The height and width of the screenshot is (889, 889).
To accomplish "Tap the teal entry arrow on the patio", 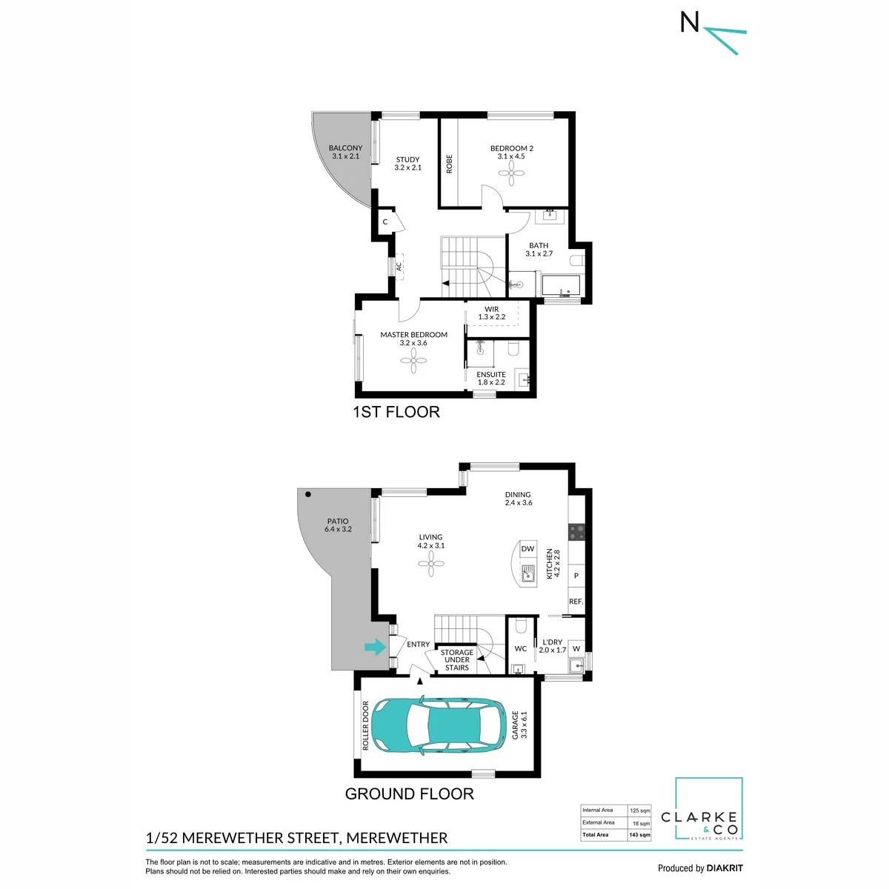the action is click(x=375, y=647).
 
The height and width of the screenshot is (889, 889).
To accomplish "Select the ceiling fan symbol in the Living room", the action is click(x=431, y=563).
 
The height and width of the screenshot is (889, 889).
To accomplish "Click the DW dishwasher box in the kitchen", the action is click(x=527, y=548).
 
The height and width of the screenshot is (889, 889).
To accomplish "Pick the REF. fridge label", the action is click(x=576, y=602).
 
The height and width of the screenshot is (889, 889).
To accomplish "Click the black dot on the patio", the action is click(x=308, y=494).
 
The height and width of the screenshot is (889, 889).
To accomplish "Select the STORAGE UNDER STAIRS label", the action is click(x=457, y=660).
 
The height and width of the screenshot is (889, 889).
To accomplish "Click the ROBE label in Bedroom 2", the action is click(x=449, y=164).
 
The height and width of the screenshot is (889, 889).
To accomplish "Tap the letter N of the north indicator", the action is click(x=690, y=21).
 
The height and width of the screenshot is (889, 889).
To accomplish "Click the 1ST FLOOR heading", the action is click(x=396, y=411).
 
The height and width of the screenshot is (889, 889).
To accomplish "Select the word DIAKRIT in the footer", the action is click(x=723, y=868).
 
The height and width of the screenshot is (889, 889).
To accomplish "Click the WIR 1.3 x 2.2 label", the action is click(x=492, y=313).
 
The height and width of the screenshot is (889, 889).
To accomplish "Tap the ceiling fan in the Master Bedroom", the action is click(x=413, y=360).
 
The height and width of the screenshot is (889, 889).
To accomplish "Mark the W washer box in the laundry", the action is click(x=576, y=649).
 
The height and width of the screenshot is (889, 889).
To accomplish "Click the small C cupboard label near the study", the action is click(x=385, y=222).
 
